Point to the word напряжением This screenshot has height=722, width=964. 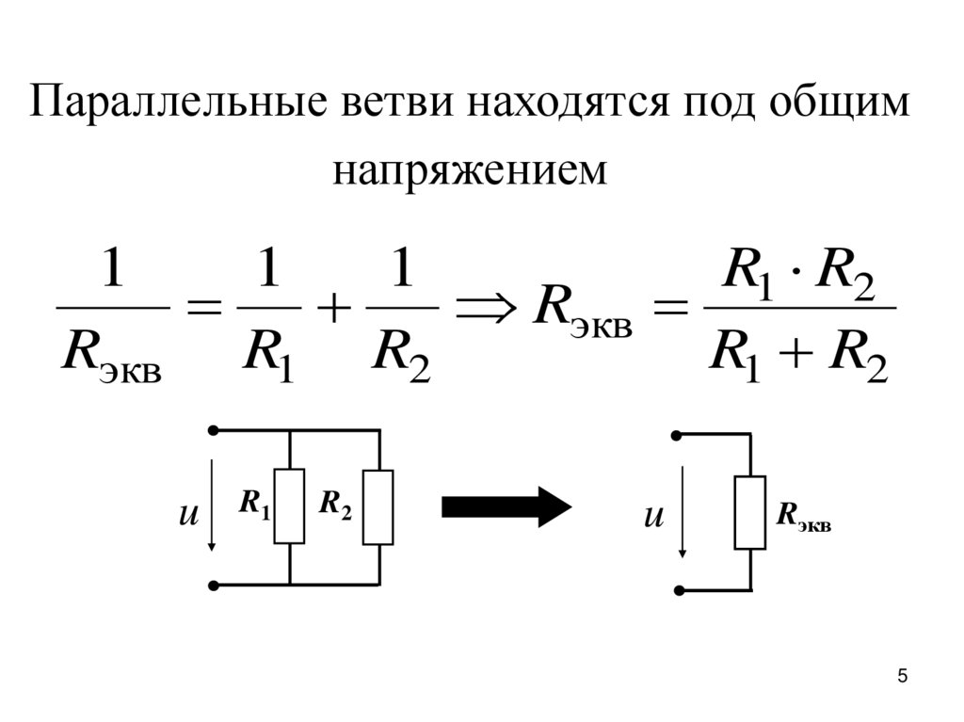tap(470, 170)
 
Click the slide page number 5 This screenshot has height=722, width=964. tap(903, 676)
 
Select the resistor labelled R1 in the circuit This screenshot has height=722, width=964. tap(289, 505)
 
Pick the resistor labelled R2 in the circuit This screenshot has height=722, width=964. tap(378, 505)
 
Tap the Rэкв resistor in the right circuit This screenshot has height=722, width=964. tap(750, 513)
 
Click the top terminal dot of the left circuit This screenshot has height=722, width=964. tap(214, 430)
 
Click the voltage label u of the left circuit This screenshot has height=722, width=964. tap(189, 516)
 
